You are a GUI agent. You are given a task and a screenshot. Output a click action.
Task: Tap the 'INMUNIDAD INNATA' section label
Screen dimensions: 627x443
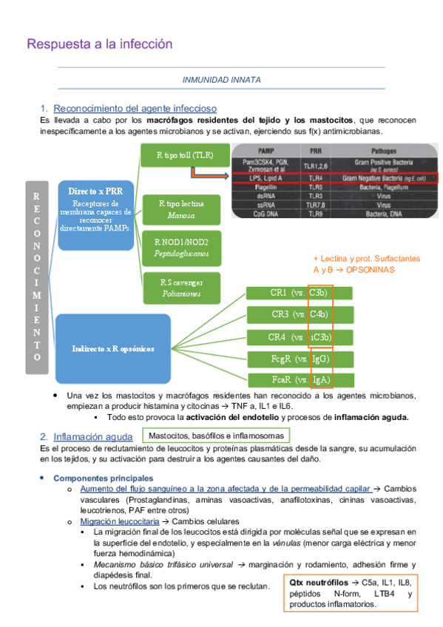point(221,79)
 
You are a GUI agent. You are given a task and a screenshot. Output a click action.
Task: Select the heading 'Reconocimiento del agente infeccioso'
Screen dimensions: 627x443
point(135,109)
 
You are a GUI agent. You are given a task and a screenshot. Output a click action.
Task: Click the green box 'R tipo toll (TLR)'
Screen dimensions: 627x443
point(184,155)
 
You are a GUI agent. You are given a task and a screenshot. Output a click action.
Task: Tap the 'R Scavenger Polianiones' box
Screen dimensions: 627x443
point(182,287)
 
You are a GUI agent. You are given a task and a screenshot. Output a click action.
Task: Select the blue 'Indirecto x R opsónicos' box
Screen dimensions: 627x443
point(114,347)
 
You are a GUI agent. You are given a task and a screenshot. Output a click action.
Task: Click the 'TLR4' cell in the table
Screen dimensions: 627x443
point(314,178)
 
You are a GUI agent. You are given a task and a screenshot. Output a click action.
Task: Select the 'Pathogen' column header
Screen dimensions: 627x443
point(385,149)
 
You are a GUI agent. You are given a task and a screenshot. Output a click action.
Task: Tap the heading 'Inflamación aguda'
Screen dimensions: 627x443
point(93,436)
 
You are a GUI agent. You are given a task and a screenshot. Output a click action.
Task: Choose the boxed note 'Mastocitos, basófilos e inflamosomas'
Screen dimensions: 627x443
point(214,435)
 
